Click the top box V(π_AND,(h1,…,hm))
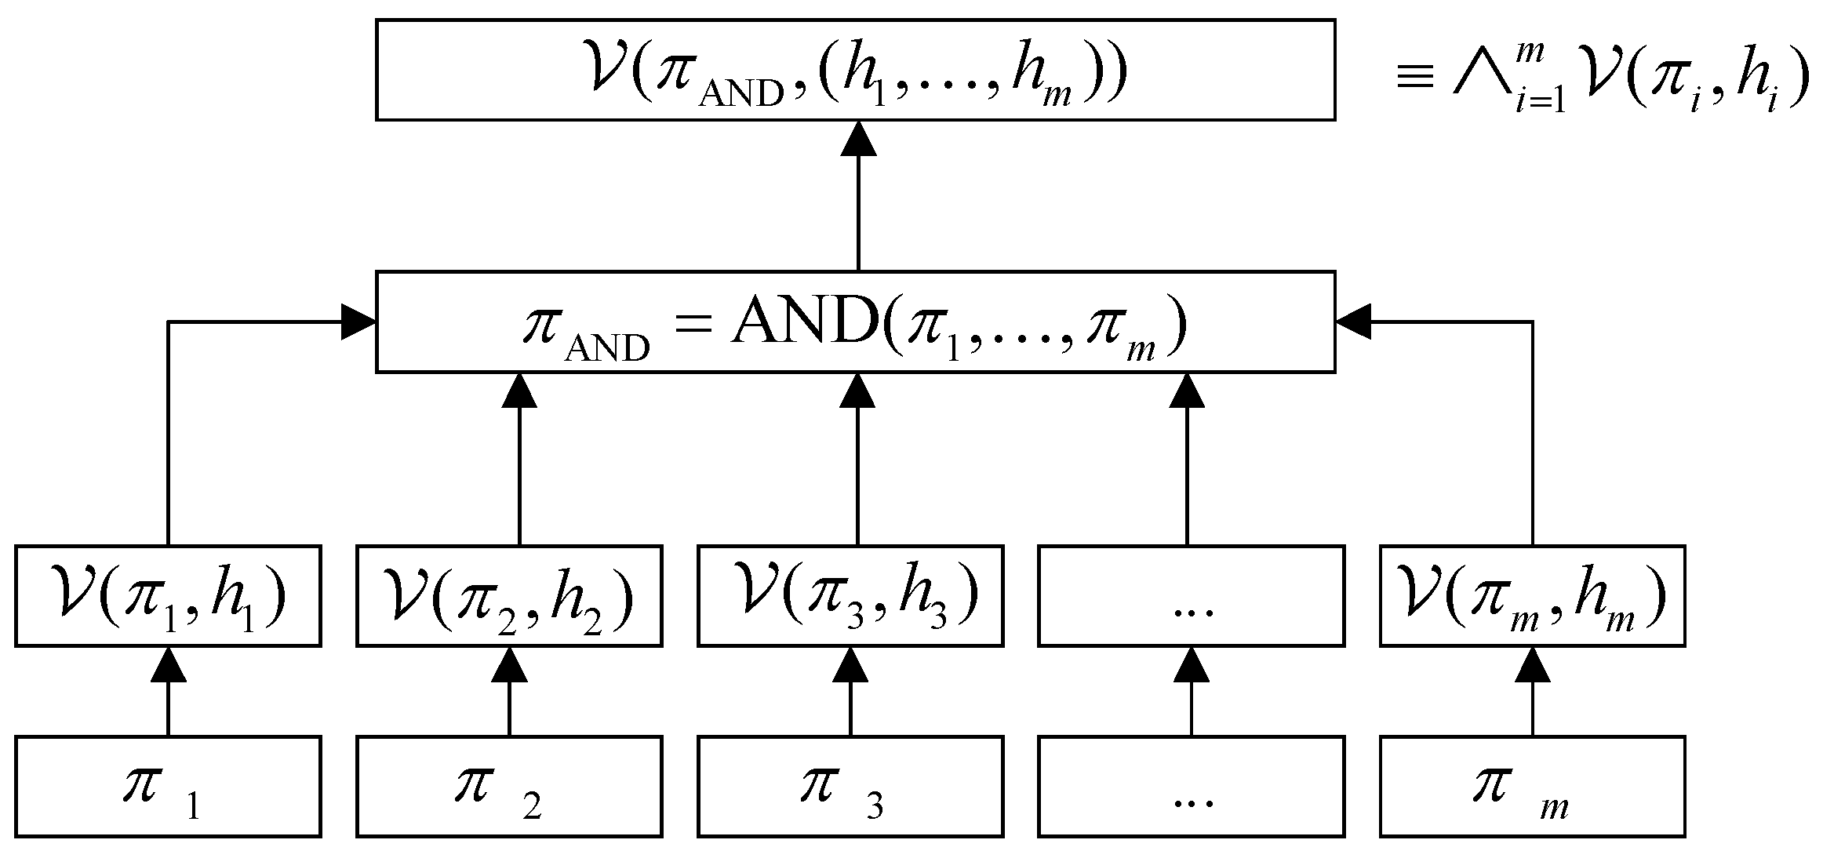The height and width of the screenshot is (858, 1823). [855, 70]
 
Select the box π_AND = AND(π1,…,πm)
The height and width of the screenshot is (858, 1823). [855, 322]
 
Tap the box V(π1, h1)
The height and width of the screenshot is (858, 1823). [168, 596]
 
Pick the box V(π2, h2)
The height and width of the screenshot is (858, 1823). [509, 596]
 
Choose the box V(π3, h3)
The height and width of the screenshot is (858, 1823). [850, 596]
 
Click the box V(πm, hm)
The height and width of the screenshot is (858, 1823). [1532, 596]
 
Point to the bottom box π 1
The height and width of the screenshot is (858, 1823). [168, 787]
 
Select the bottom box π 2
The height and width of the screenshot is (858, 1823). [509, 787]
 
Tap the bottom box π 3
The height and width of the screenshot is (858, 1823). [850, 787]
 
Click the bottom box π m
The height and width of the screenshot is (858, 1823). [1532, 787]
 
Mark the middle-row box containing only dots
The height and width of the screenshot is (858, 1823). [1191, 596]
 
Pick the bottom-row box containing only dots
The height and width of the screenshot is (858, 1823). [1191, 787]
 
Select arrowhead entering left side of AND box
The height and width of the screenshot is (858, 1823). [358, 322]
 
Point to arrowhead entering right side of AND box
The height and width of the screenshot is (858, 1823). [1353, 322]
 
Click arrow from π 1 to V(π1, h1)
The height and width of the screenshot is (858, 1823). [168, 694]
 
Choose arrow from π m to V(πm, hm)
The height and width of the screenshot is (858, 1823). [1532, 694]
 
